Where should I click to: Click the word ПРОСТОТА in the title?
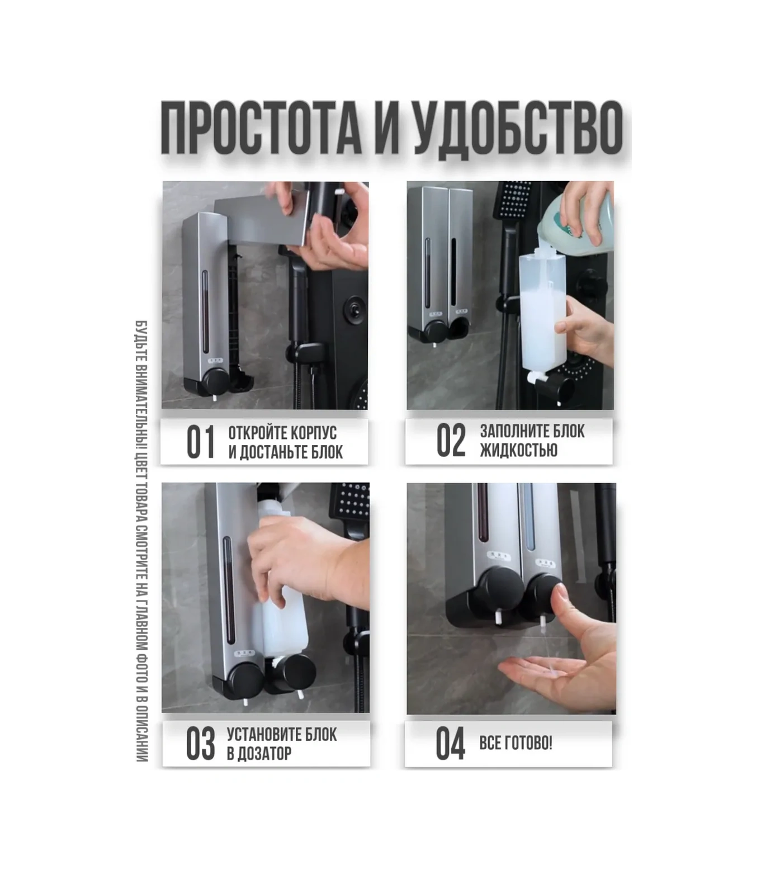pos(261,128)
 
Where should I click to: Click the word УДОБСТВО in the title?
pos(517,128)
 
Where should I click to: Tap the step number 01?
pos(201,442)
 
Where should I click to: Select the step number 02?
pos(451,441)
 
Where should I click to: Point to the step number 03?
pos(200,744)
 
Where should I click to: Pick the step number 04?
pos(450,744)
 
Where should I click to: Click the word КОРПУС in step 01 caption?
pos(314,433)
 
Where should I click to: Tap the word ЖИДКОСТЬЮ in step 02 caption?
pos(518,450)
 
